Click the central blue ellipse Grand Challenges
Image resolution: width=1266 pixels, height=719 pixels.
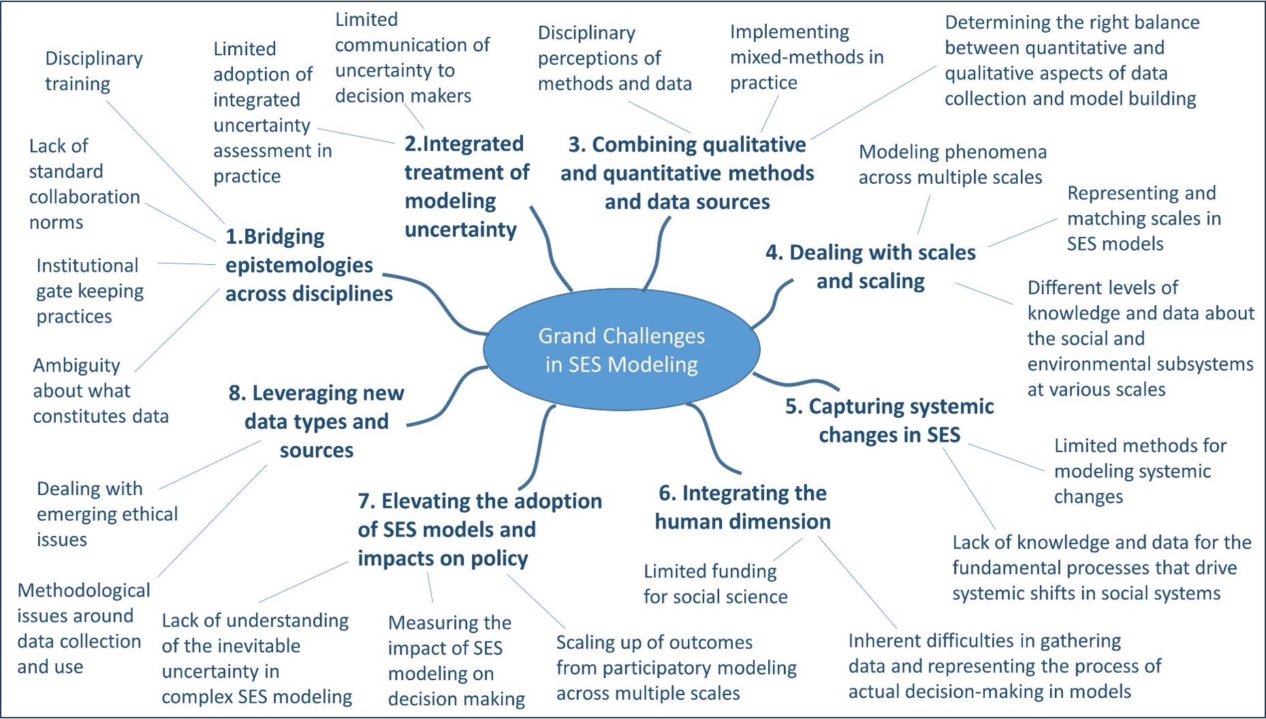point(621,349)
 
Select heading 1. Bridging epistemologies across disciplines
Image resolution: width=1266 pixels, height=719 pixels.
point(309,265)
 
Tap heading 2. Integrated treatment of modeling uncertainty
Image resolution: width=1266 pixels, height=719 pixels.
point(466,187)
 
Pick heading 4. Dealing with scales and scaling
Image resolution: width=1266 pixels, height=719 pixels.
point(870,266)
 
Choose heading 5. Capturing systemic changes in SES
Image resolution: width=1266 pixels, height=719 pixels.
point(889,420)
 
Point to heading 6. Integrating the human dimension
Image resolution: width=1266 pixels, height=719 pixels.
point(742,507)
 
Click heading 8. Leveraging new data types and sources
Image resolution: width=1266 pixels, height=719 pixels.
point(317,421)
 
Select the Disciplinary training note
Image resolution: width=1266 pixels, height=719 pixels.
point(94,71)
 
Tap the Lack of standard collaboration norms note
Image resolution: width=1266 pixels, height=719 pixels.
point(84,184)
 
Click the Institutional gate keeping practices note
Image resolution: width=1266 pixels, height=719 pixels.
point(90,291)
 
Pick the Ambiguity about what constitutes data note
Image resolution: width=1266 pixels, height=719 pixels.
point(101,391)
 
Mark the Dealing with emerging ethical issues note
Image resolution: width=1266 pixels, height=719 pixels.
point(107,514)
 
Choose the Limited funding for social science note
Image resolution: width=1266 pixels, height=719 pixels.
point(715,584)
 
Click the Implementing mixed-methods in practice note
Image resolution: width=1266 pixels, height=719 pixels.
point(807,57)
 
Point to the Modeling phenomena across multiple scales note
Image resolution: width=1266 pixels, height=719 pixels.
point(952,164)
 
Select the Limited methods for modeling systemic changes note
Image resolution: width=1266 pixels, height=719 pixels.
point(1140,471)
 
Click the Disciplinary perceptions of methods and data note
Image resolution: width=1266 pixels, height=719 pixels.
point(614,58)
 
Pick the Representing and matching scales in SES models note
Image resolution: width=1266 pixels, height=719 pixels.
point(1144,219)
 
